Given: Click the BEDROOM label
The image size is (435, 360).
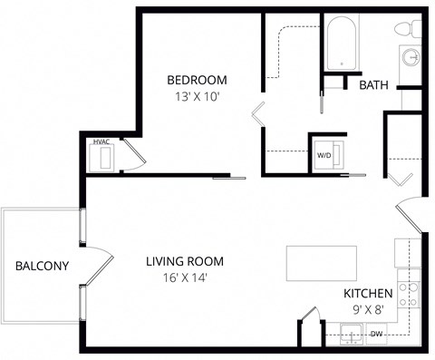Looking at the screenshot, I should [x=198, y=79].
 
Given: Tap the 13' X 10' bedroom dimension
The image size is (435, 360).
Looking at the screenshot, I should [x=198, y=95].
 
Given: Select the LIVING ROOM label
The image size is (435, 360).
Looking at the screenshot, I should [x=185, y=262].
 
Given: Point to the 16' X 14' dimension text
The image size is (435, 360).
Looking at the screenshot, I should [x=185, y=278].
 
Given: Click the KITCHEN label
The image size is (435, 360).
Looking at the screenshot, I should [x=367, y=294].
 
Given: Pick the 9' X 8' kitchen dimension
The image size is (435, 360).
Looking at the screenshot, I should [x=367, y=309].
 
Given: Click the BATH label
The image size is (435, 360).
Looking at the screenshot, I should [x=374, y=85].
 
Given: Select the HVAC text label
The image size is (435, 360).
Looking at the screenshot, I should [x=100, y=141].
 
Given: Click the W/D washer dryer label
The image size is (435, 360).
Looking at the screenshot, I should [x=324, y=154].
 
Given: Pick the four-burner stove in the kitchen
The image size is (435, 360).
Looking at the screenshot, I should [x=409, y=291].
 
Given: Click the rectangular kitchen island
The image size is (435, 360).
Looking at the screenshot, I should [x=322, y=262].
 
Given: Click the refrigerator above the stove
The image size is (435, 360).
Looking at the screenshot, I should [x=408, y=254].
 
